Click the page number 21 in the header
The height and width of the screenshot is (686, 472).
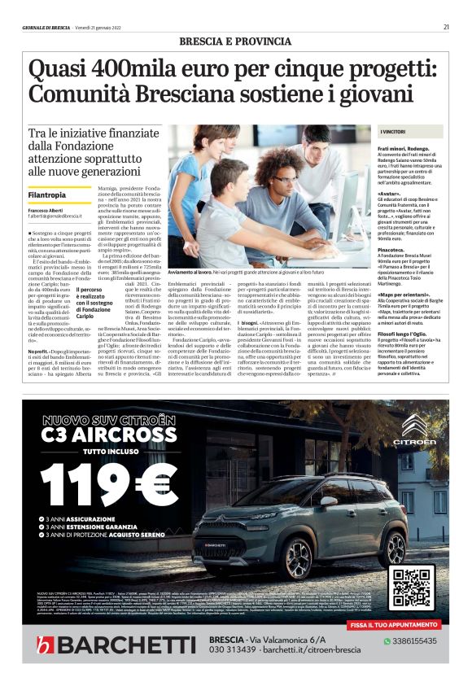pyautogui.click(x=446, y=27)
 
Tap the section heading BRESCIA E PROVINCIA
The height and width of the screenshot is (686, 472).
pyautogui.click(x=235, y=41)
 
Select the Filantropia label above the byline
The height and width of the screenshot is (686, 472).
pyautogui.click(x=47, y=195)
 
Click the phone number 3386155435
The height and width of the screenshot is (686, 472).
pyautogui.click(x=413, y=640)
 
